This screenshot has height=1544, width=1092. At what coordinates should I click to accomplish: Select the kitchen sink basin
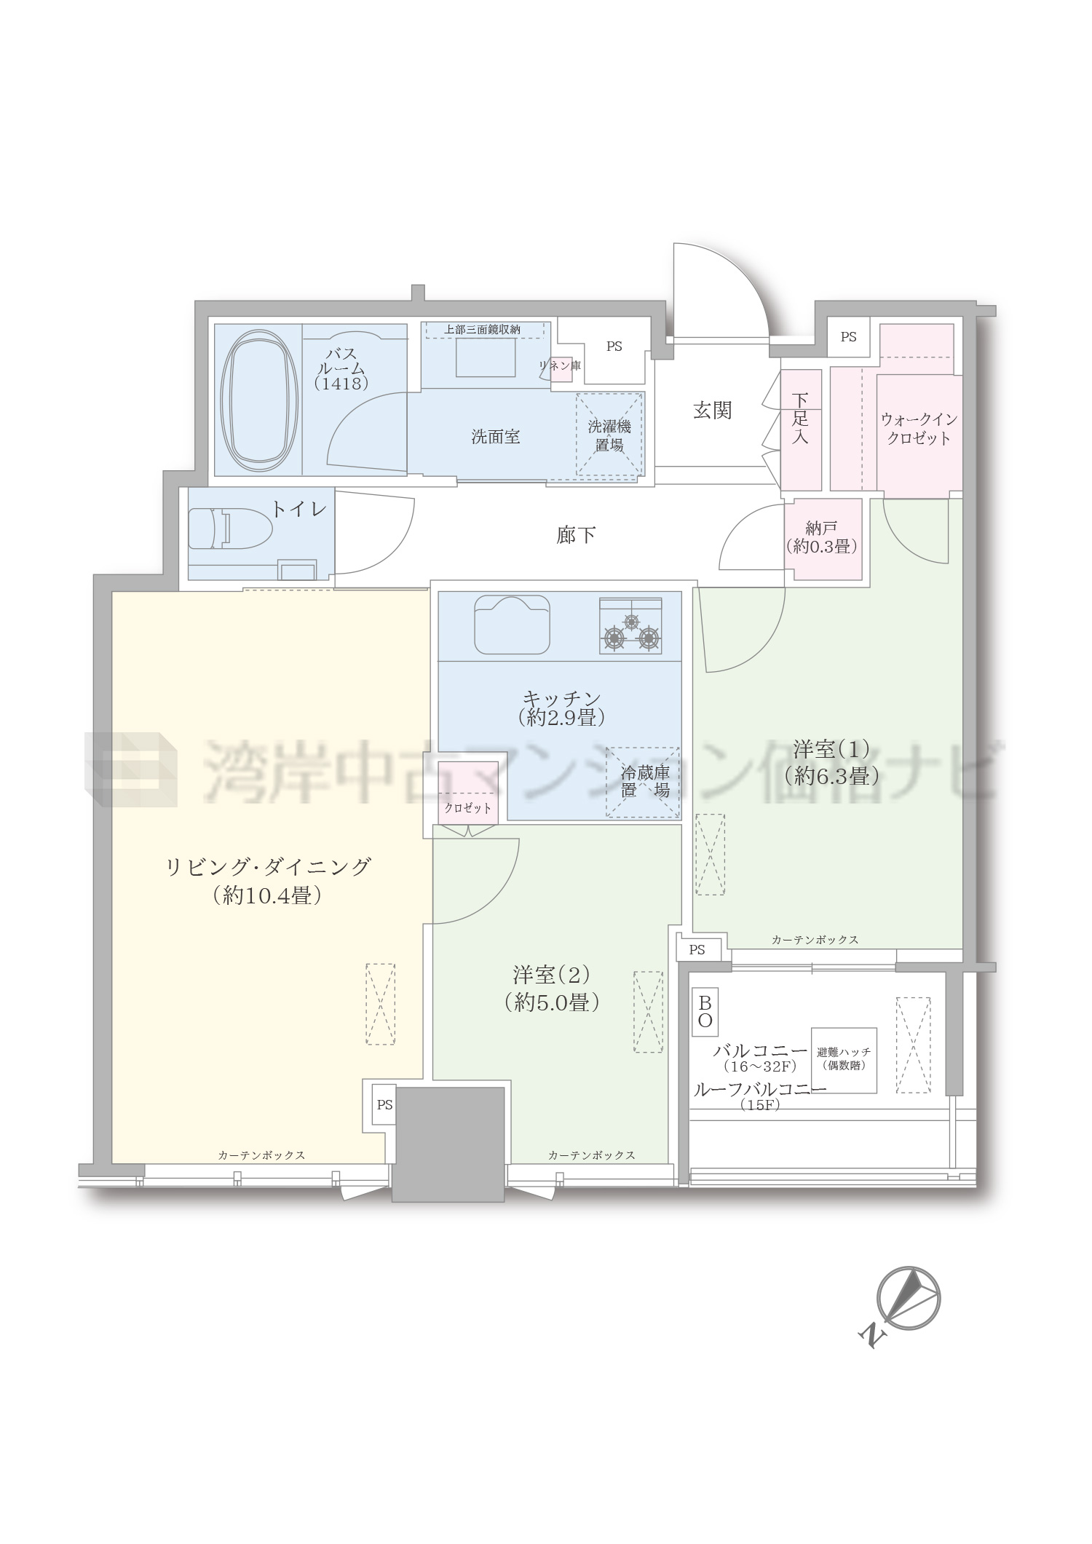512,625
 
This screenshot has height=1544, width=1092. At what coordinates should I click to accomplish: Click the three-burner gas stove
630,626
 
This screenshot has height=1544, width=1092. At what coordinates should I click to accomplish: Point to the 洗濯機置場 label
609,435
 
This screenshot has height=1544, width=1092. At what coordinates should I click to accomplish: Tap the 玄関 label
712,411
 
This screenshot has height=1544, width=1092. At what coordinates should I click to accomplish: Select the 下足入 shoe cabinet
801,429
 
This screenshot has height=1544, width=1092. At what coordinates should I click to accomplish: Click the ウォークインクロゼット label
919,429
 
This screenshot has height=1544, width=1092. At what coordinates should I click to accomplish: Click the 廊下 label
576,536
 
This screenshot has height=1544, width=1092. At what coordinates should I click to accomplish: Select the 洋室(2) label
551,974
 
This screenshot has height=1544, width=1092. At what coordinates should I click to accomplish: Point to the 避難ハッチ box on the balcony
844,1060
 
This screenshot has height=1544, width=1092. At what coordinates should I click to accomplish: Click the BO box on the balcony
705,1012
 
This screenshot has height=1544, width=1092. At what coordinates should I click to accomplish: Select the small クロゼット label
468,808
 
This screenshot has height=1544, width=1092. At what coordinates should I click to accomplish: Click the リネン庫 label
561,365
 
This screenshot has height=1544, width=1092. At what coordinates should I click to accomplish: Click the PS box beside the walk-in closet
849,337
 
